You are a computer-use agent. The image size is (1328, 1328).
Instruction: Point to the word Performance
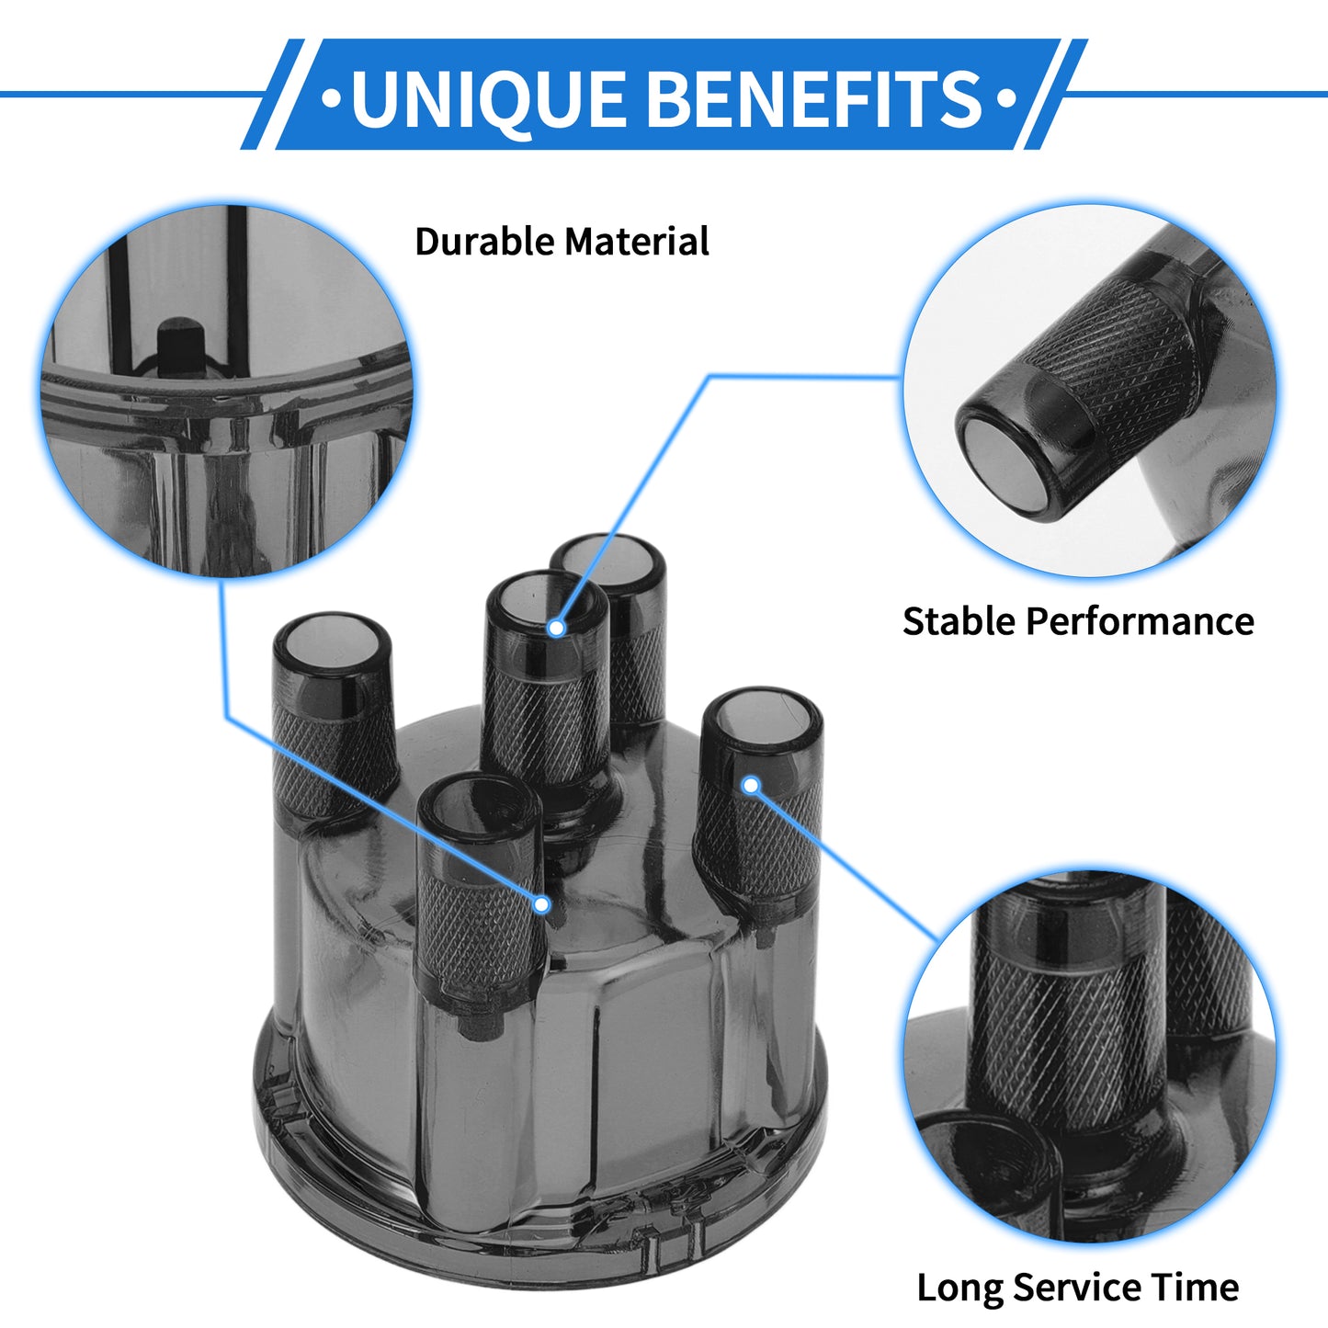click(1140, 621)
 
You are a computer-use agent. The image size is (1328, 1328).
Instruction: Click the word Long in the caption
click(960, 1268)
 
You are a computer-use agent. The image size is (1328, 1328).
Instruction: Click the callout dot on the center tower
click(556, 628)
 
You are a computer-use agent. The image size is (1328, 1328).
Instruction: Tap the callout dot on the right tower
click(751, 785)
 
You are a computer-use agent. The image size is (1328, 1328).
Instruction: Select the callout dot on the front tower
click(542, 905)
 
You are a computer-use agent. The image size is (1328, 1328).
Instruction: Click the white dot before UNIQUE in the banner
click(332, 97)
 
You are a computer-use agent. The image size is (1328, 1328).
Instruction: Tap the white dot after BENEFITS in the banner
click(1007, 97)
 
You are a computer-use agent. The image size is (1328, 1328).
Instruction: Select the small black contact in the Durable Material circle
click(180, 346)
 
